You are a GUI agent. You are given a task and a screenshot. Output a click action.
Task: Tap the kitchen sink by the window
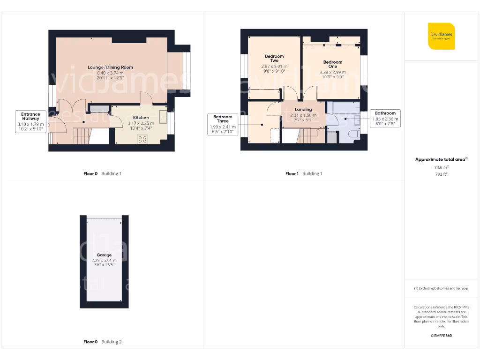[163, 117]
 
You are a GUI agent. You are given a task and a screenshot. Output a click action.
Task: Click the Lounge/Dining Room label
[110, 67]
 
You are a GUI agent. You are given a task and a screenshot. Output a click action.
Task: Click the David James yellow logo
[441, 36]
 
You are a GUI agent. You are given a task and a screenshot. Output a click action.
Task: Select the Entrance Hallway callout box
[30, 121]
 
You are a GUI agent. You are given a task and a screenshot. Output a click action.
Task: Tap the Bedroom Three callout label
[223, 124]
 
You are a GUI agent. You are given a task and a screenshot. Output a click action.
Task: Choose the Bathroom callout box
[385, 119]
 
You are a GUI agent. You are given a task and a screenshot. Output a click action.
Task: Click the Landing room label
[303, 110]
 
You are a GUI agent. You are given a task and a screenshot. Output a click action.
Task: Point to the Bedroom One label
[333, 64]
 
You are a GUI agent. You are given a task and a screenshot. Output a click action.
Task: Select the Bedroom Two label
[274, 59]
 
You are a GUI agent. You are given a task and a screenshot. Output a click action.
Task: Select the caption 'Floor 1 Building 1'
[304, 173]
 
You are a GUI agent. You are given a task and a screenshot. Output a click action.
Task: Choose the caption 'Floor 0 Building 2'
[102, 342]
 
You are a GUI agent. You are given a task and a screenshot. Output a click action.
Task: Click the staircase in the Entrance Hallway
[82, 135]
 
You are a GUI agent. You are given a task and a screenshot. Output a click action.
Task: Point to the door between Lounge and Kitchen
[146, 97]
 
